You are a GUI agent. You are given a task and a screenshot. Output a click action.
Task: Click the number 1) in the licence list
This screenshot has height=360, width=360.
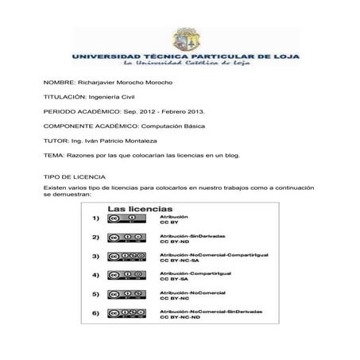95,219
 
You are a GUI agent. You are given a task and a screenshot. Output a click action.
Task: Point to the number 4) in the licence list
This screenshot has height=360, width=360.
95,276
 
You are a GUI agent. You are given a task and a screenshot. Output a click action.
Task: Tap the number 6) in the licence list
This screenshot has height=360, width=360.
95,314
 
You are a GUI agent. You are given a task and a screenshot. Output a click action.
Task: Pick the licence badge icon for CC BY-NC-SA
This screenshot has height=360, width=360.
127,257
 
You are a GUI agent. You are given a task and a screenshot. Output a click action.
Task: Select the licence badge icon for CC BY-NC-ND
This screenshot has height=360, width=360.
127,314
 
